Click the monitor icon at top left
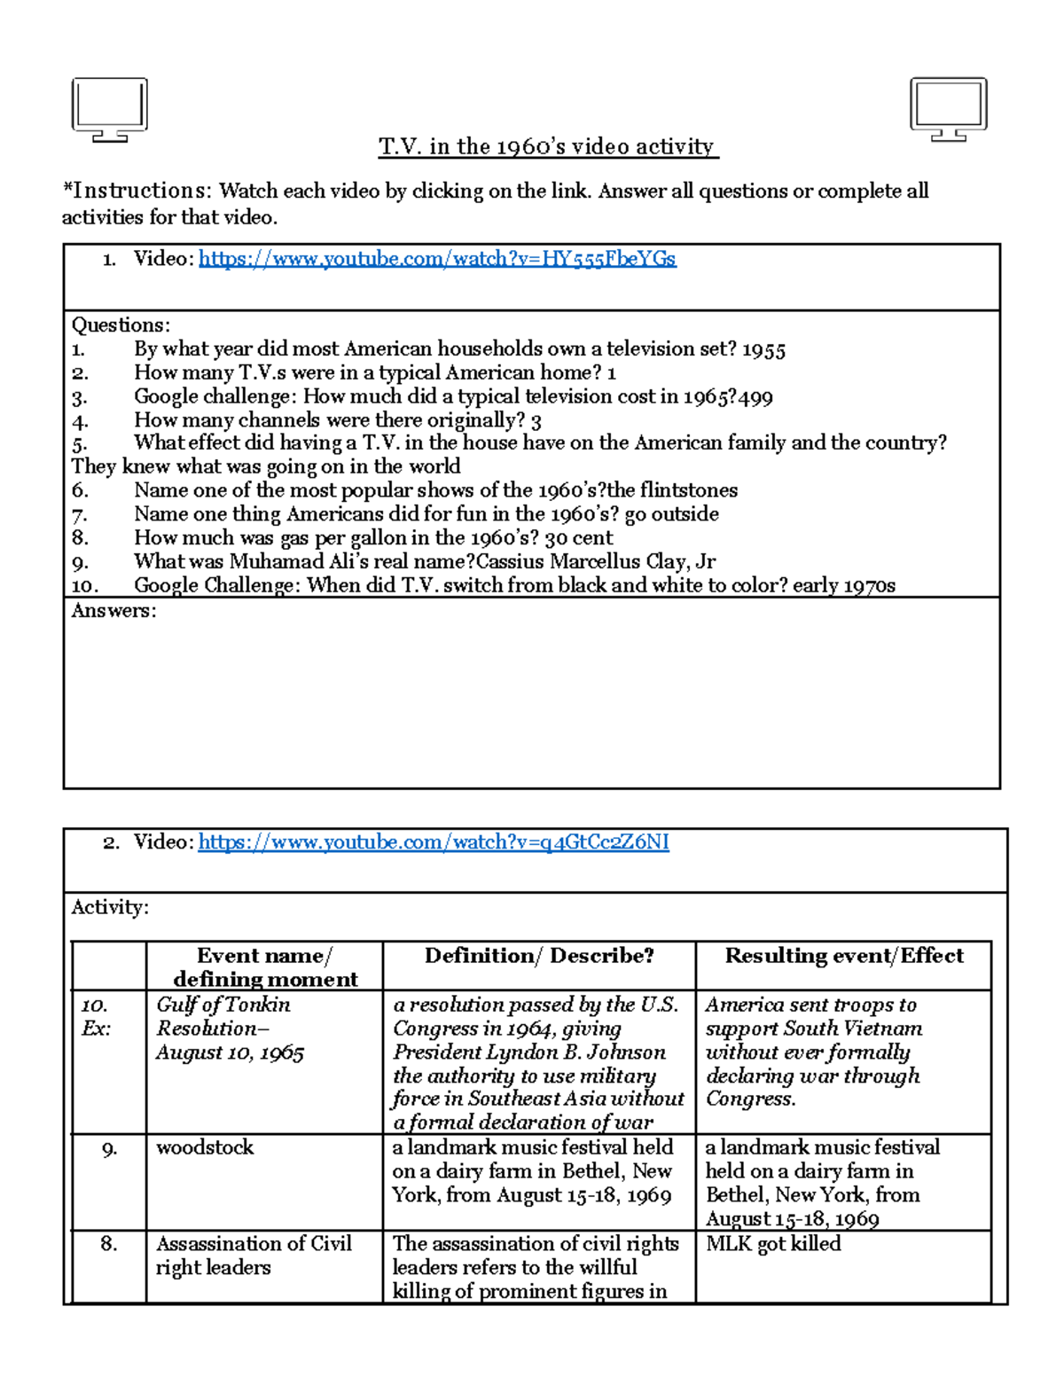(109, 108)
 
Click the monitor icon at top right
(948, 108)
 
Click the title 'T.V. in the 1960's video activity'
(548, 146)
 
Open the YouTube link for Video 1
(437, 259)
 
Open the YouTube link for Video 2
(433, 842)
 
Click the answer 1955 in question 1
(763, 349)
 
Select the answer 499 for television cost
(755, 397)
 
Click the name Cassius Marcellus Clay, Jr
(596, 562)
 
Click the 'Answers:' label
(113, 611)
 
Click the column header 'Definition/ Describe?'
(539, 956)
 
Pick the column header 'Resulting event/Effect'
(843, 956)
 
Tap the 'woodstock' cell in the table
(205, 1147)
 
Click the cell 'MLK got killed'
(773, 1244)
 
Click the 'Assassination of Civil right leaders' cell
(254, 1256)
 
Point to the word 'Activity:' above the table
(110, 907)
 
